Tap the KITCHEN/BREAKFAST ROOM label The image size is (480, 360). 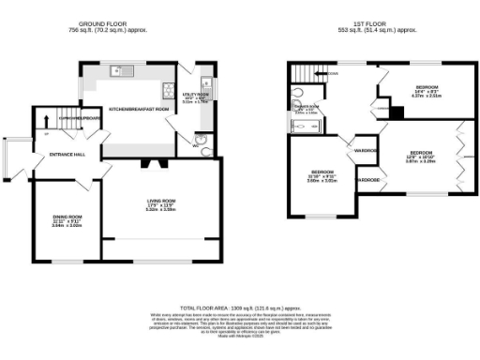139,110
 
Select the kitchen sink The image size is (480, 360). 120,68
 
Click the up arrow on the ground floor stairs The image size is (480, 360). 45,120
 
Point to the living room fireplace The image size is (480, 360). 153,163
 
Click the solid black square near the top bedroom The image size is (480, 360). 397,113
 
